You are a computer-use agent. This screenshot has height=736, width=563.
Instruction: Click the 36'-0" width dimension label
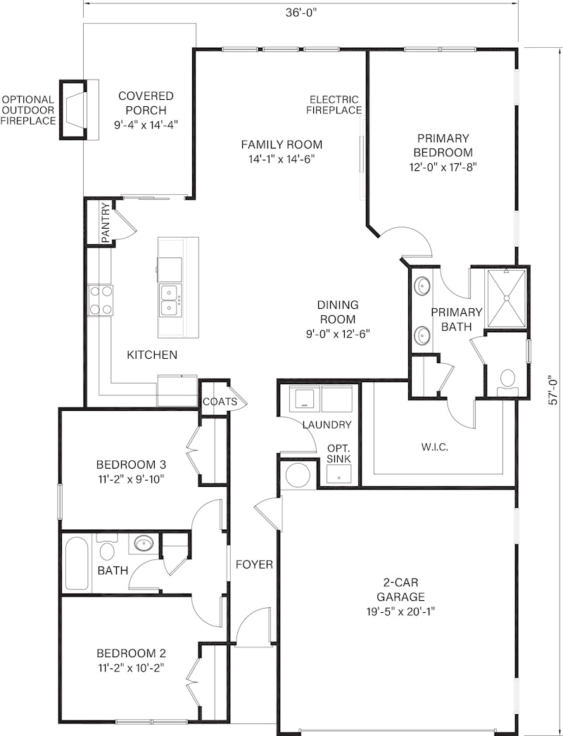tap(302, 13)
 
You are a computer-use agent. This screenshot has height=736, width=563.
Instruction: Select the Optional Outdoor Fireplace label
tap(27, 110)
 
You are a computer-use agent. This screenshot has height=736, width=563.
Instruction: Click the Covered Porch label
tap(146, 103)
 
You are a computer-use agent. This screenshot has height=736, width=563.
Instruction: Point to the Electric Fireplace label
tap(334, 105)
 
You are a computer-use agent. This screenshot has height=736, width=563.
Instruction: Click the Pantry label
tap(106, 222)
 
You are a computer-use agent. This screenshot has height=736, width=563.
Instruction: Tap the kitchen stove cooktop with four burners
tap(101, 300)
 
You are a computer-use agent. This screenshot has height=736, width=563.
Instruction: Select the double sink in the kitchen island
tap(170, 300)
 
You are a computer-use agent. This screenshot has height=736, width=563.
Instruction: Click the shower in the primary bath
tap(506, 298)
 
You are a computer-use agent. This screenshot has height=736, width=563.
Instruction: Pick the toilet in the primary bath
tap(507, 379)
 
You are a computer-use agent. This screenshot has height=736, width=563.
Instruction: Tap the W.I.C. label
tap(434, 447)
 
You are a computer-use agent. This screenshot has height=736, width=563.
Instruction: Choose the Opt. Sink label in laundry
tap(339, 453)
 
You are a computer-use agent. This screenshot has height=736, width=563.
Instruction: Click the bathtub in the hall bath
tap(77, 564)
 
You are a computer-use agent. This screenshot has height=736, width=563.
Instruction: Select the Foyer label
tap(255, 564)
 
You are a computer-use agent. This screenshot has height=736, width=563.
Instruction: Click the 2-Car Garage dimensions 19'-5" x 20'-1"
tap(401, 611)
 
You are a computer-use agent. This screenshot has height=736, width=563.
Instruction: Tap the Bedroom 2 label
tap(131, 654)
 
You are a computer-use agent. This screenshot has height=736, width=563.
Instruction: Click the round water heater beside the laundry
tap(298, 476)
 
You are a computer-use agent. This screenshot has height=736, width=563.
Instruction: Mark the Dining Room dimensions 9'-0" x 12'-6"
tap(338, 334)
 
